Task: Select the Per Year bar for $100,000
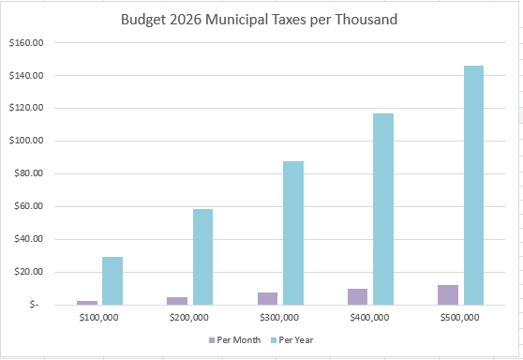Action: [112, 280]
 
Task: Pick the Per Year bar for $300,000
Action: [293, 232]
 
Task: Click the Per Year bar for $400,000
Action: [383, 208]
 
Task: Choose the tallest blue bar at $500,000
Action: [473, 185]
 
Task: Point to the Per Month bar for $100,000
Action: [87, 302]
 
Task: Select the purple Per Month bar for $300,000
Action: [268, 298]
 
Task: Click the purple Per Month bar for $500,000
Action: [449, 294]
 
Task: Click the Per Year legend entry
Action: [292, 338]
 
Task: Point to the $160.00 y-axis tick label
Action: [27, 43]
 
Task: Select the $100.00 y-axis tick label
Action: [27, 142]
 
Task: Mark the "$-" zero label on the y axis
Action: [34, 306]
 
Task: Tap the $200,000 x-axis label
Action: [188, 318]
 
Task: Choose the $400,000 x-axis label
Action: [369, 318]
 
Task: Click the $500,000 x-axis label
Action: [460, 318]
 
